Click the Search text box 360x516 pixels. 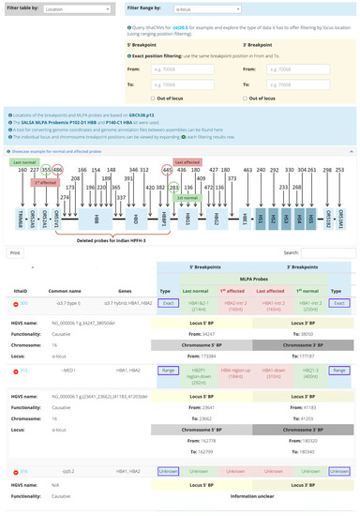click(327, 252)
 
